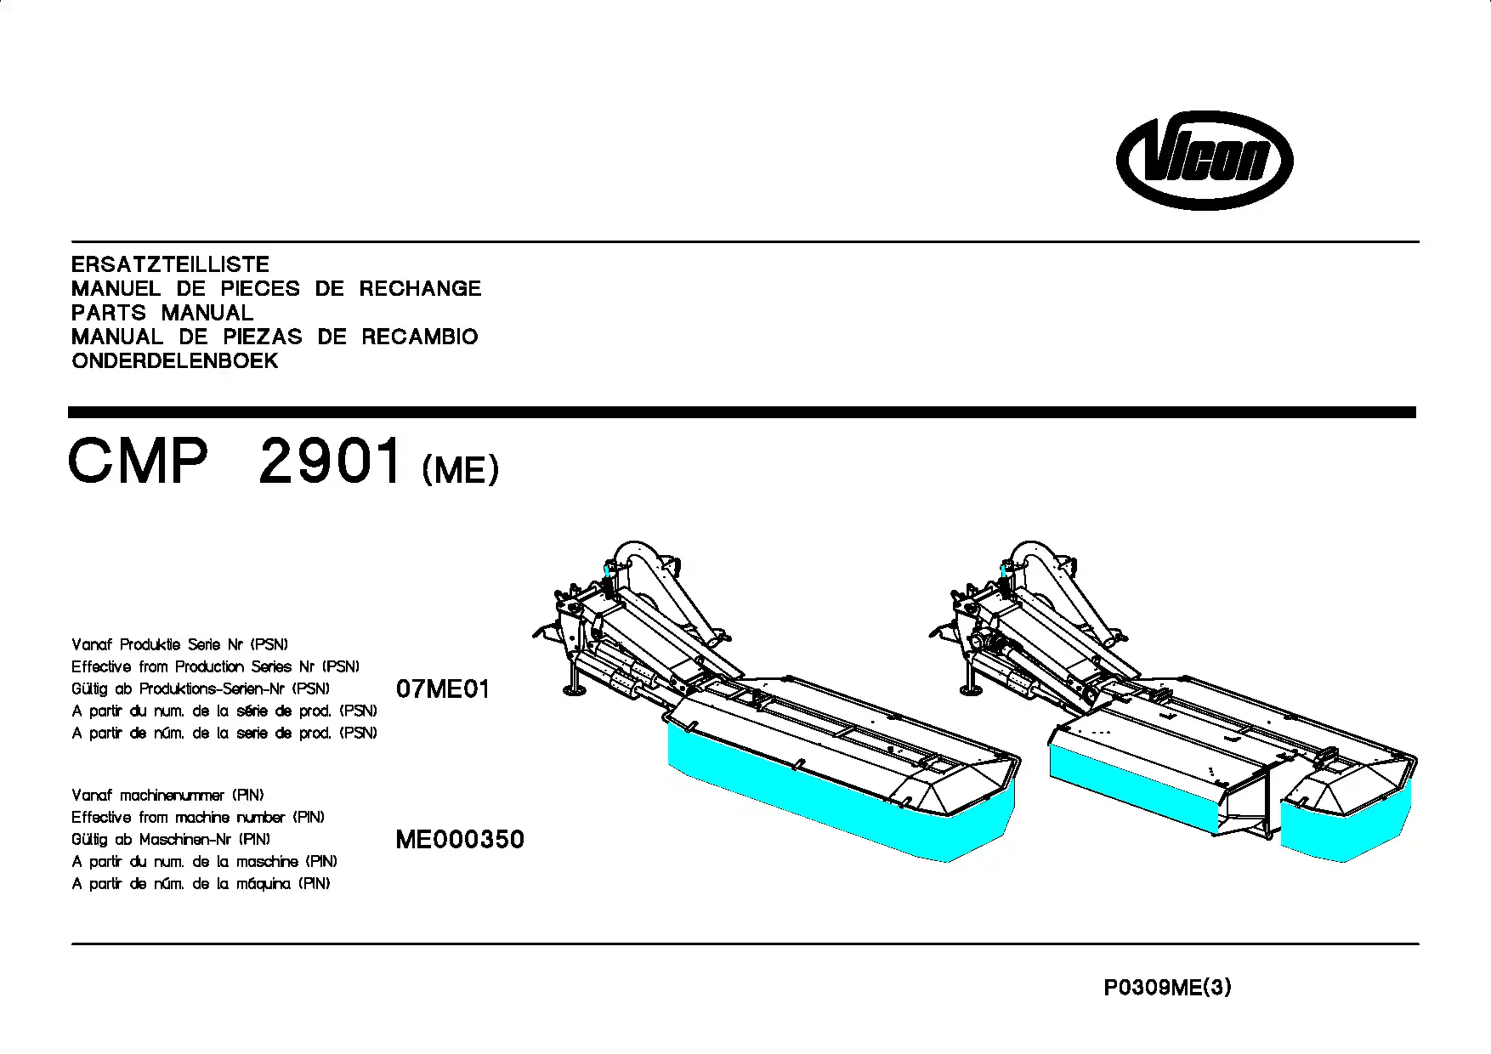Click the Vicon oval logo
pyautogui.click(x=1205, y=160)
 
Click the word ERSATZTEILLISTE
pyautogui.click(x=170, y=264)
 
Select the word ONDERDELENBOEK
pyautogui.click(x=175, y=361)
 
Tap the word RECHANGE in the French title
pyautogui.click(x=420, y=289)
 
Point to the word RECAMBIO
pyautogui.click(x=420, y=337)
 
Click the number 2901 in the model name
pyautogui.click(x=330, y=461)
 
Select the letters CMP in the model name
pyautogui.click(x=138, y=461)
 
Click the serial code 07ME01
pyautogui.click(x=443, y=688)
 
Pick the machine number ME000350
pyautogui.click(x=460, y=840)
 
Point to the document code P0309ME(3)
pyautogui.click(x=1167, y=988)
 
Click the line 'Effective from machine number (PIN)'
pyautogui.click(x=198, y=818)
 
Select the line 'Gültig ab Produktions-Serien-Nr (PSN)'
pyautogui.click(x=201, y=688)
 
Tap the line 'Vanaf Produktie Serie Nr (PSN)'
pyautogui.click(x=180, y=644)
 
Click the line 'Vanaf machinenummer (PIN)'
pyautogui.click(x=167, y=796)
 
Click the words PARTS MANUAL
pyautogui.click(x=162, y=313)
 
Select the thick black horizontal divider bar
pyautogui.click(x=742, y=412)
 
